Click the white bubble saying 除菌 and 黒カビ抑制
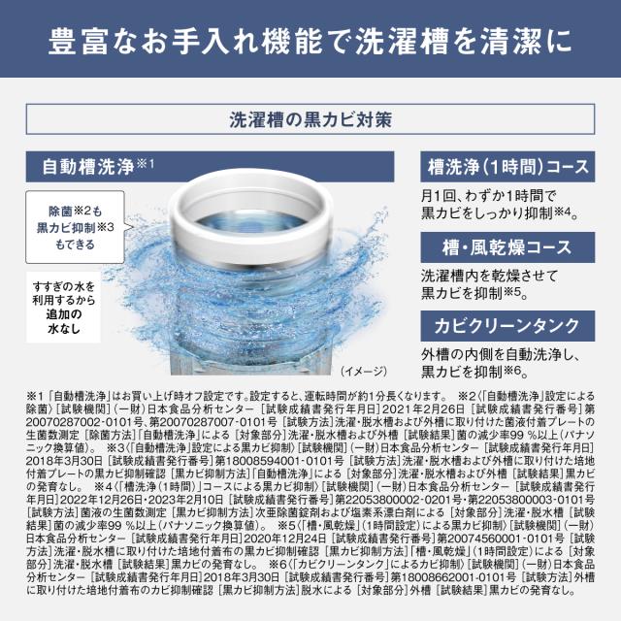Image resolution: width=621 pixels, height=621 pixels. coord(82,226)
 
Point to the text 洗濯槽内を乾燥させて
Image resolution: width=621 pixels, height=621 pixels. coord(487,276)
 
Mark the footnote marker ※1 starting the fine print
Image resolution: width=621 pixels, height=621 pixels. coord(36,396)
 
